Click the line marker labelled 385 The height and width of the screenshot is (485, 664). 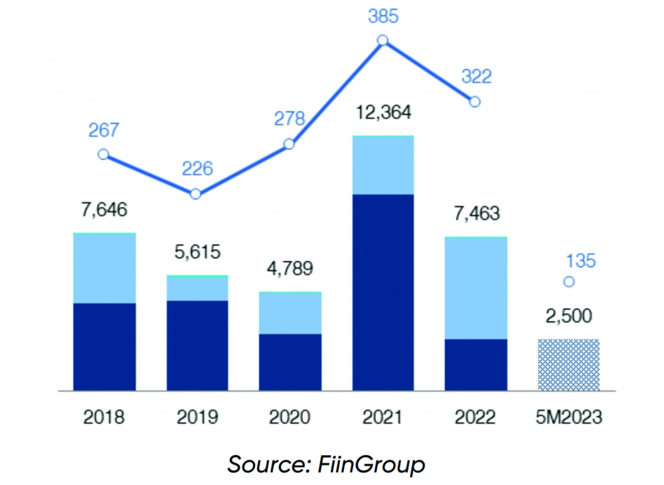(x=382, y=41)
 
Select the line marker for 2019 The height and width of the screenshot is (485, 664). (x=195, y=194)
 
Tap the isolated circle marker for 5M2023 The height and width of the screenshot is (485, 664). (x=568, y=282)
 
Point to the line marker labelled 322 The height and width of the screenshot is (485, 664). (x=474, y=102)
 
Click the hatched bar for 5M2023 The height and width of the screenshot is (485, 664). (x=568, y=365)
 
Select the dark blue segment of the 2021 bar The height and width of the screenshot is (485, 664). (x=383, y=292)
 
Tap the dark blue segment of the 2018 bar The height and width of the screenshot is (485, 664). (x=104, y=347)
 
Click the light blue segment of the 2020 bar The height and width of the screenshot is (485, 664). (x=290, y=313)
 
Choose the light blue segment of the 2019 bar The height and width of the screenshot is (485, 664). (x=197, y=288)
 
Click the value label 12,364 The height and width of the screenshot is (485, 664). (x=382, y=112)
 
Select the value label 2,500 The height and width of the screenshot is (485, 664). (x=568, y=316)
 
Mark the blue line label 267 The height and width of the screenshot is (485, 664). (x=103, y=130)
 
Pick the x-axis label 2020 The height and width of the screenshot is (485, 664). (x=290, y=417)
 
